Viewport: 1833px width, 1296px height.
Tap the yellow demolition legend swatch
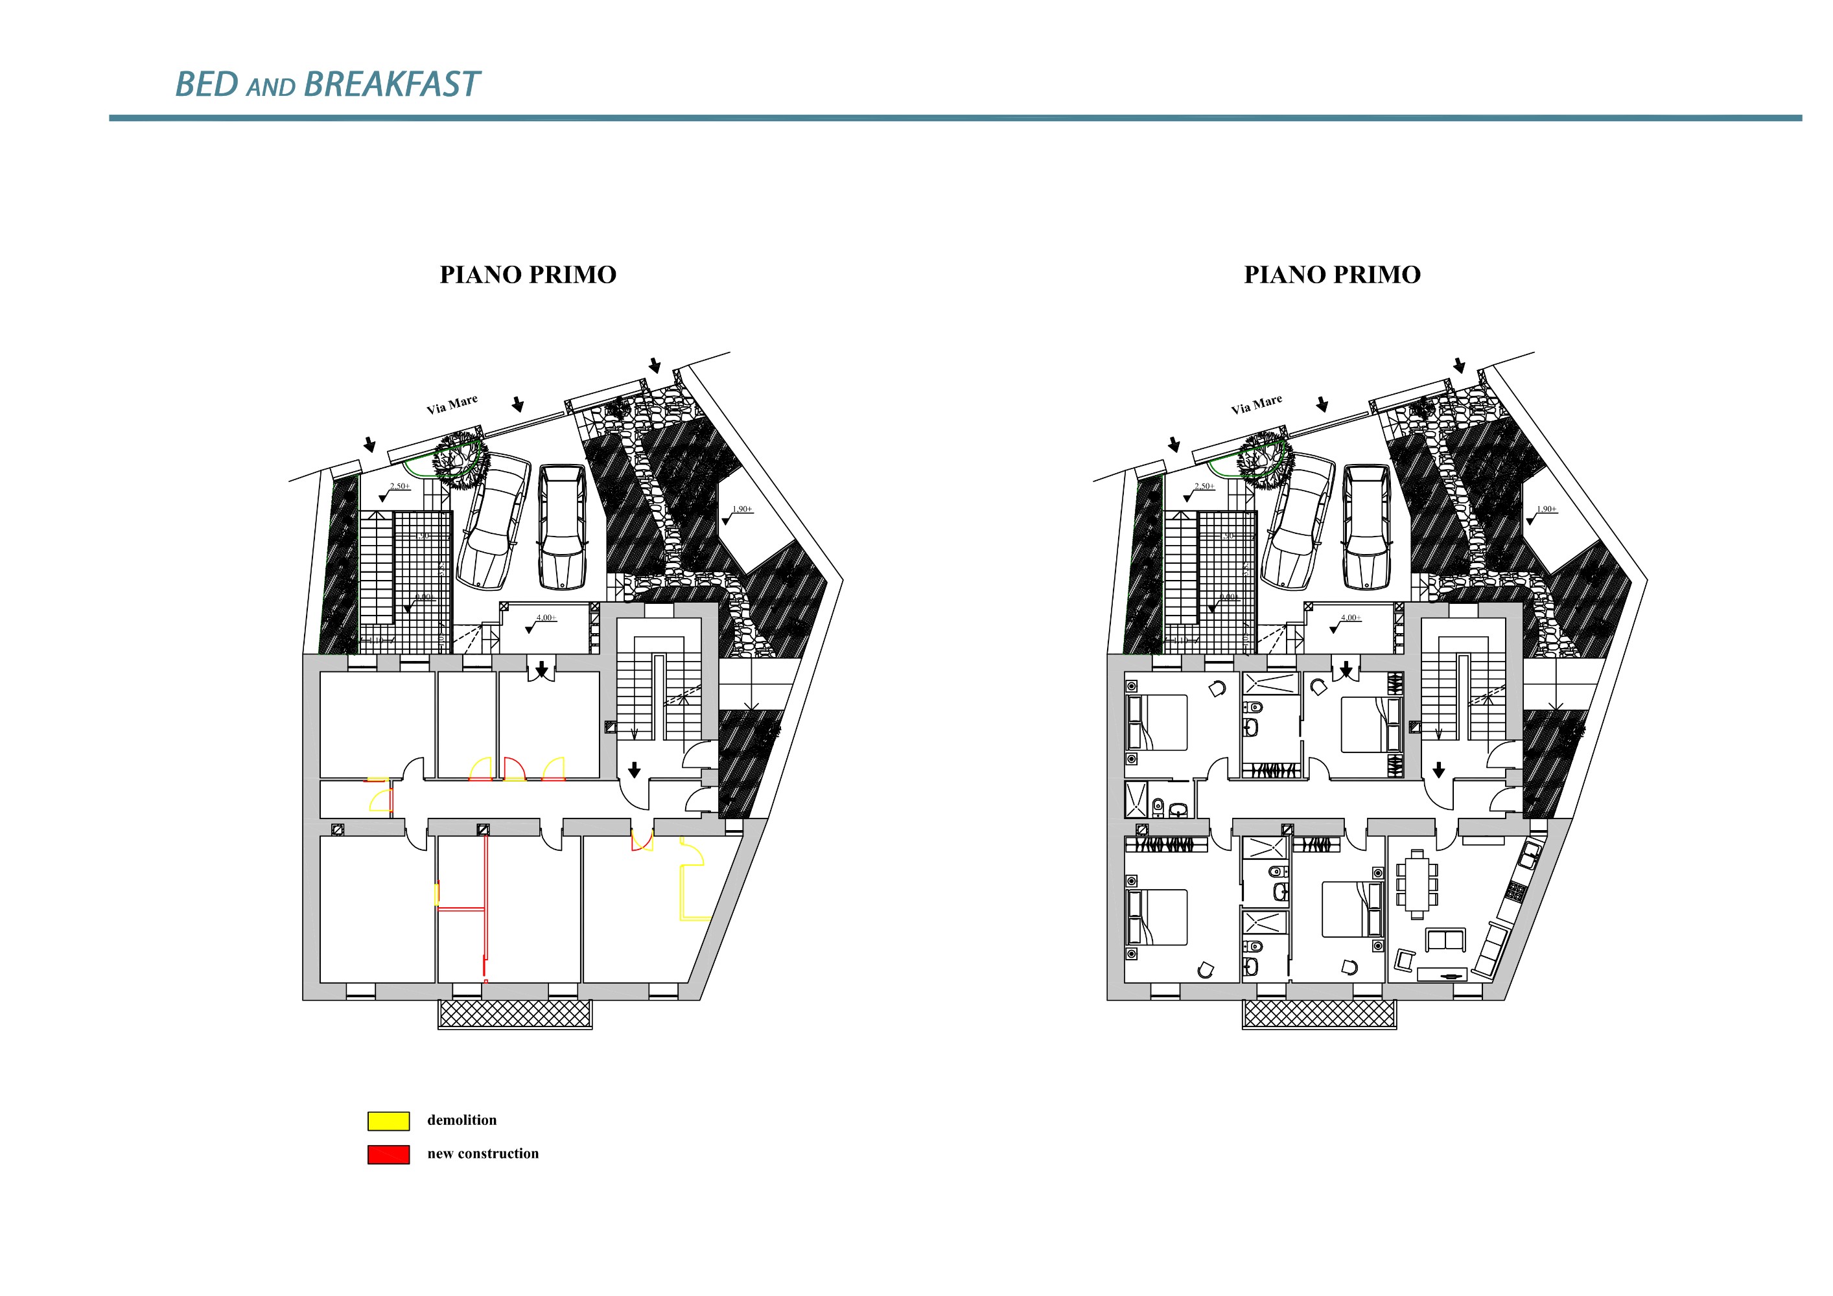tap(388, 1120)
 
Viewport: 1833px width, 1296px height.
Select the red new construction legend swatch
tap(388, 1154)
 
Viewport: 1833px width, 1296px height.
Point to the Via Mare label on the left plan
tap(452, 404)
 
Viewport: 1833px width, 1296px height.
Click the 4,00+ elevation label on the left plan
tap(546, 618)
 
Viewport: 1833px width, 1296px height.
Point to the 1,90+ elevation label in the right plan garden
tap(1547, 509)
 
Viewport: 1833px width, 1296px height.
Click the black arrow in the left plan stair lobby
tap(634, 769)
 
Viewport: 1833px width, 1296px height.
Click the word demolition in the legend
tap(461, 1120)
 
